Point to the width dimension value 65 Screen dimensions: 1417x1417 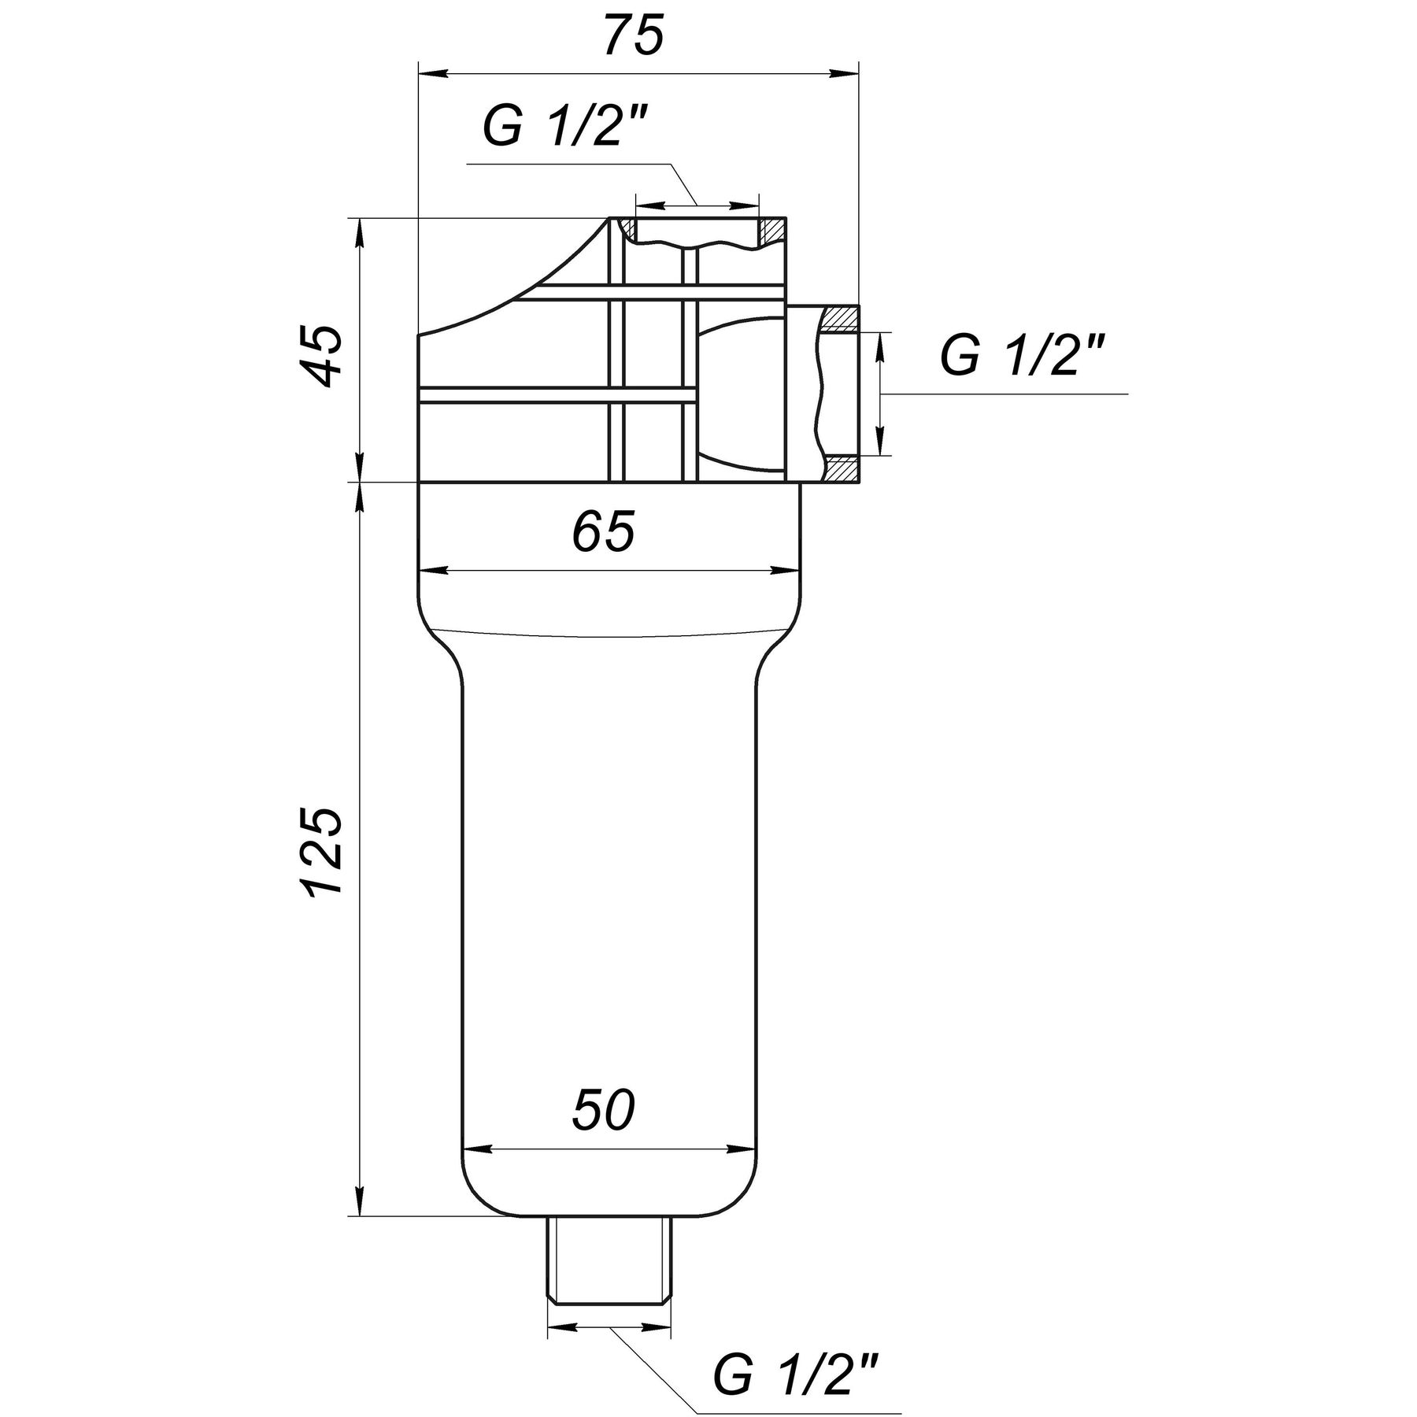(602, 533)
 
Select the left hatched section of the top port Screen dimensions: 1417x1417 (627, 228)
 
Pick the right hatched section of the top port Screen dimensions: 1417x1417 (772, 230)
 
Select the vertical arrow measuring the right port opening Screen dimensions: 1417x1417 (881, 394)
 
